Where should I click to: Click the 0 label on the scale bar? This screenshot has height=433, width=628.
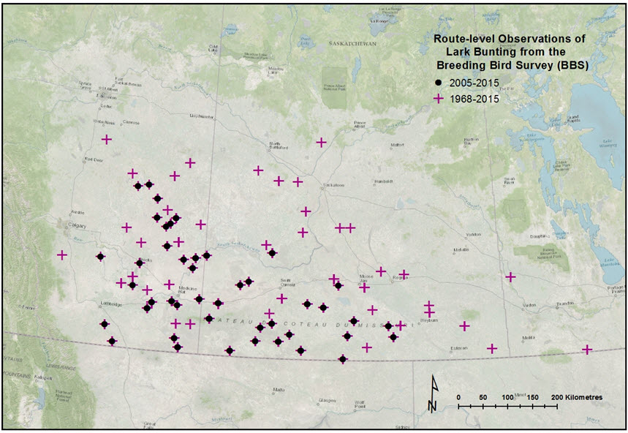[458, 396]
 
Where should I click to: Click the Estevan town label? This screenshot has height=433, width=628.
[458, 348]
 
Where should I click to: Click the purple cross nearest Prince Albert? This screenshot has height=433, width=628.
[321, 142]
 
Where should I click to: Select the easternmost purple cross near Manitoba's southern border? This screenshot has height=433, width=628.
[586, 350]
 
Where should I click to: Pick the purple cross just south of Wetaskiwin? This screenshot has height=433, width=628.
[107, 139]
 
